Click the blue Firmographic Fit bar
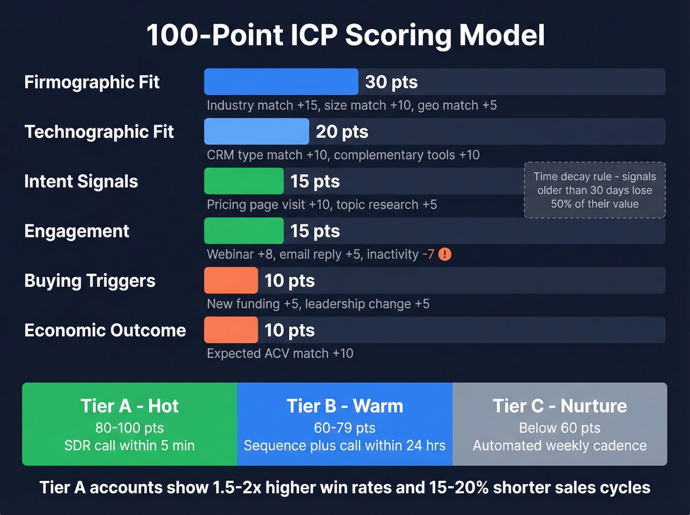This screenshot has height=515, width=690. pos(281,82)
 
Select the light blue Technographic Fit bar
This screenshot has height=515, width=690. pos(256,132)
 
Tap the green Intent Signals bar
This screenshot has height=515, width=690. pos(244,181)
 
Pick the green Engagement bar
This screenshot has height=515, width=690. pos(244,231)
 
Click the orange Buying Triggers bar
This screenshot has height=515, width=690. pos(231,281)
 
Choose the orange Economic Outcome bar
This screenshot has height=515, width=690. pos(231,330)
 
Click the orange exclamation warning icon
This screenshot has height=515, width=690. pos(445,254)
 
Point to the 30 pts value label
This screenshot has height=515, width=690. pos(391,82)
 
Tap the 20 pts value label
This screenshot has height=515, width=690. pos(342,132)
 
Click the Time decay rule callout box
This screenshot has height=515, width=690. pos(595,190)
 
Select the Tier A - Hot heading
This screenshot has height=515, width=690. pos(130,406)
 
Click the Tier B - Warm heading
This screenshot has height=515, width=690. pos(345,406)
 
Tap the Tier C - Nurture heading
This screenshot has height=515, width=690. pos(560,406)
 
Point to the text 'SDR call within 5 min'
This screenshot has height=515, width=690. pos(130,446)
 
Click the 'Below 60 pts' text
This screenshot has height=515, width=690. pos(560,428)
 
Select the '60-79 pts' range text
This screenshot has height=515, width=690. pos(345,428)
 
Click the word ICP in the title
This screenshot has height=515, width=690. pos(314,35)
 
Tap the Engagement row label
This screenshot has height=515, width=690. pos(77,231)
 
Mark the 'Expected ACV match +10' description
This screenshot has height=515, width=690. pos(280,353)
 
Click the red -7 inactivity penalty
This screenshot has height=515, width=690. pos(428,254)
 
